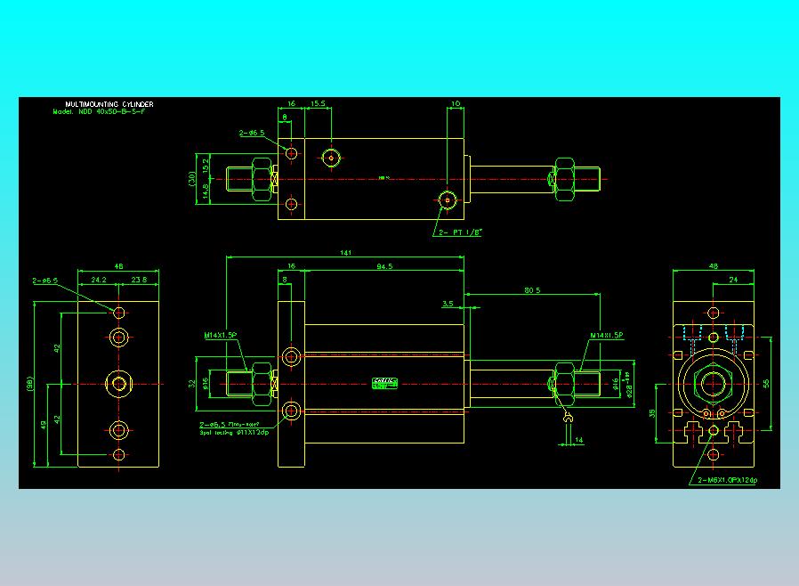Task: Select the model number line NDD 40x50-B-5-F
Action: point(101,113)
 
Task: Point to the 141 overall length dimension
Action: point(345,253)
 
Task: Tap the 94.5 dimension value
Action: point(385,265)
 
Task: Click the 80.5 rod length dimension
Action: point(533,289)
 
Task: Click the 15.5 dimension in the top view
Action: point(318,103)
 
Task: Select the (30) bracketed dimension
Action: point(192,178)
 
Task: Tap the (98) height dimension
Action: point(29,386)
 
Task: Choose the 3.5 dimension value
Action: point(448,304)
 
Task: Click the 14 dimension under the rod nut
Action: point(578,440)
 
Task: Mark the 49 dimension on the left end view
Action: point(44,424)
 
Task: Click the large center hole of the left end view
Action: point(119,384)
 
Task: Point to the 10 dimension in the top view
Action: point(456,103)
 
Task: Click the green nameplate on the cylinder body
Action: point(384,384)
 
